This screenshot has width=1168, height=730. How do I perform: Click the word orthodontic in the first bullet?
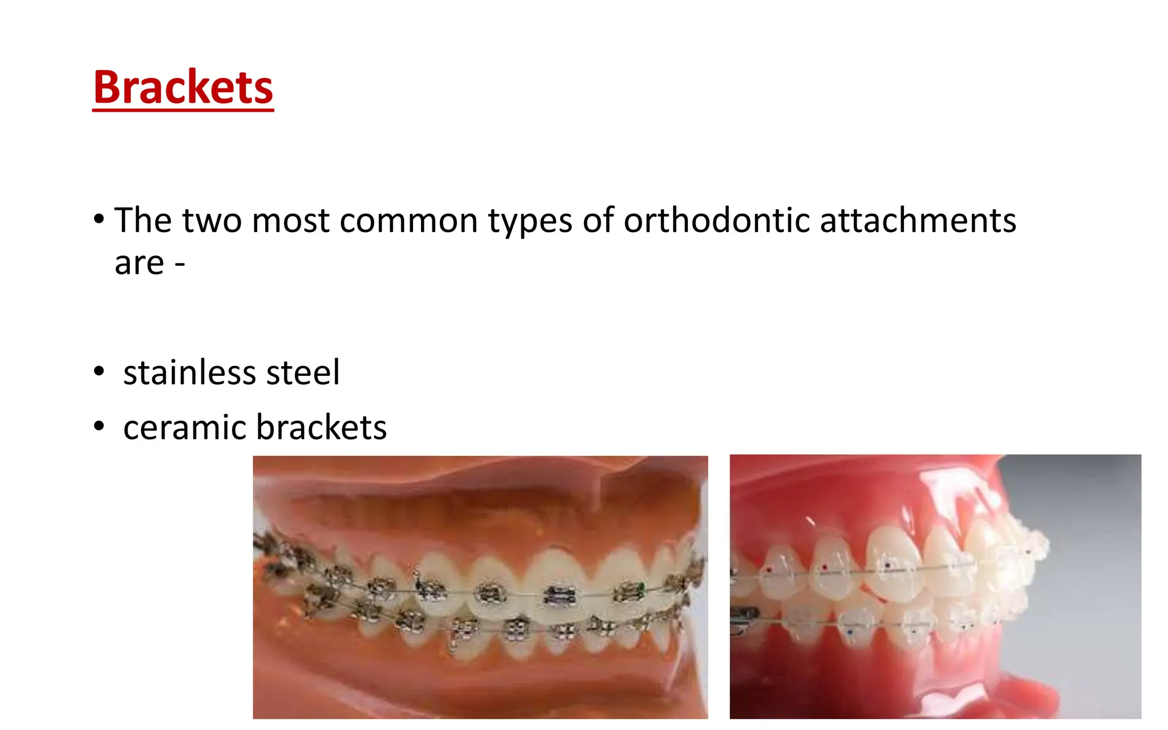716,221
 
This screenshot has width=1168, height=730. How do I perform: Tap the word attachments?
918,221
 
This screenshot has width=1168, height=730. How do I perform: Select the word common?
408,221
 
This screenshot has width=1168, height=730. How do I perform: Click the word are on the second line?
139,263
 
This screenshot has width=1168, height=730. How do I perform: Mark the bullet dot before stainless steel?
99,371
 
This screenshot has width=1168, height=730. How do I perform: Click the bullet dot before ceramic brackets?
99,426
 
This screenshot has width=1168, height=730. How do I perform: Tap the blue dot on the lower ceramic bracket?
850,632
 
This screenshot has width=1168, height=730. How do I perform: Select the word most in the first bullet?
290,221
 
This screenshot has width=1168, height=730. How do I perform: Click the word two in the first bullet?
212,221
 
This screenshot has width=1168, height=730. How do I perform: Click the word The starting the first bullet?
143,221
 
